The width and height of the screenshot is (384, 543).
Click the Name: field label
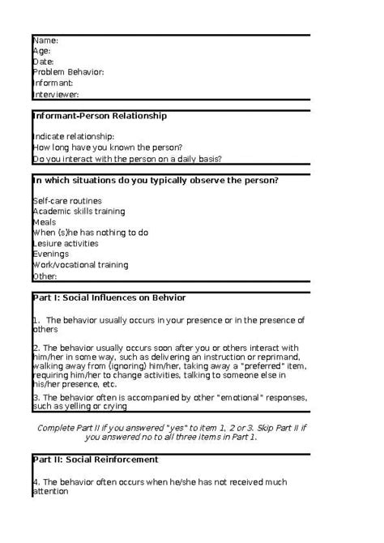(x=45, y=40)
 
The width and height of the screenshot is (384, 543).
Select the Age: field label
(x=42, y=50)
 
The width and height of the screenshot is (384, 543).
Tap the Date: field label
(x=44, y=61)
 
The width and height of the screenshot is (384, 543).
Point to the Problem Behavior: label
(x=68, y=72)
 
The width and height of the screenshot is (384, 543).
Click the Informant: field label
(x=53, y=83)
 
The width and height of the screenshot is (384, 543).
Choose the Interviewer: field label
(x=56, y=94)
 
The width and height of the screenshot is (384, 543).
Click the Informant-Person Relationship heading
(x=100, y=116)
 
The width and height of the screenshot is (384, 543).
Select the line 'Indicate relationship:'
(x=74, y=136)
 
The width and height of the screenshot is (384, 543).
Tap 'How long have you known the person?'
(x=102, y=148)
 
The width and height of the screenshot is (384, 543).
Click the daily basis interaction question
(x=127, y=159)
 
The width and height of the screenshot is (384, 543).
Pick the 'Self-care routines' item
(x=67, y=199)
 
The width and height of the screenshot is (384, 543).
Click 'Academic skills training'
(x=79, y=211)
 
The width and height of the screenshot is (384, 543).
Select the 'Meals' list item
(x=45, y=221)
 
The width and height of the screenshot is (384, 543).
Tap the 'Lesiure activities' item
(x=66, y=243)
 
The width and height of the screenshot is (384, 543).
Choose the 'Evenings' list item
(x=50, y=254)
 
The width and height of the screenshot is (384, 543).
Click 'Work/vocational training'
(x=80, y=264)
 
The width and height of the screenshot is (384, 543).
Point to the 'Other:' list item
(x=45, y=276)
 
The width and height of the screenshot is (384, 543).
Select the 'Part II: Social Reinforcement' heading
(x=96, y=460)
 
